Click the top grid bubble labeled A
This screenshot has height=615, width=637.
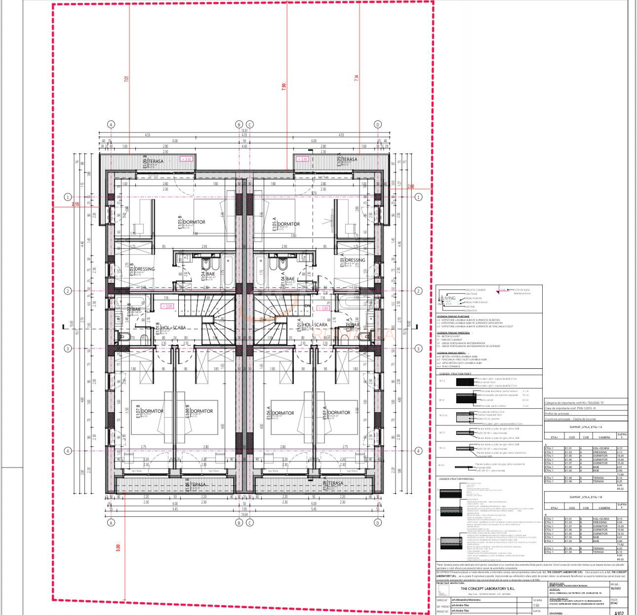tap(111, 124)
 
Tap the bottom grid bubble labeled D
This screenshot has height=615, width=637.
tap(378, 523)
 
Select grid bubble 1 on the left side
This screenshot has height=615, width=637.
tap(68, 197)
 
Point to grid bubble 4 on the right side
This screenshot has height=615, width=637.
tap(419, 451)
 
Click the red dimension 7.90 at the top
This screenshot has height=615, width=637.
tap(283, 85)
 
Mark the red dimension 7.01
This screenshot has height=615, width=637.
tap(126, 78)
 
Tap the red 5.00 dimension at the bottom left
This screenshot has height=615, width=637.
tap(118, 548)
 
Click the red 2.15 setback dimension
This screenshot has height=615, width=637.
tap(75, 204)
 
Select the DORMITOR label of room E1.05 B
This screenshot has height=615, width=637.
tap(194, 222)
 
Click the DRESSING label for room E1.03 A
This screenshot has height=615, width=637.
tap(355, 260)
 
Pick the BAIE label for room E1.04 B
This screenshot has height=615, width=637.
tap(210, 273)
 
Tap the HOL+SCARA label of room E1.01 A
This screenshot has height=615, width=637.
tap(315, 325)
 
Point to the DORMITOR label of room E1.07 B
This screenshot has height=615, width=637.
tap(152, 411)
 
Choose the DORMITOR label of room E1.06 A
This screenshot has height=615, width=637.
tap(283, 413)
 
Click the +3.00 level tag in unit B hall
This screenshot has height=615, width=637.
tap(167, 306)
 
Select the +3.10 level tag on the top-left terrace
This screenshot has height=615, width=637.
tap(186, 159)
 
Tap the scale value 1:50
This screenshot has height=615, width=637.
tap(536, 605)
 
